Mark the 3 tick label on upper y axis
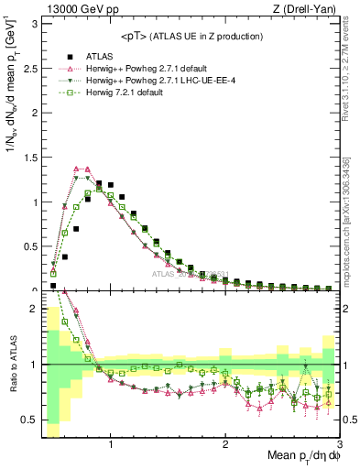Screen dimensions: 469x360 [x=35, y=23]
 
